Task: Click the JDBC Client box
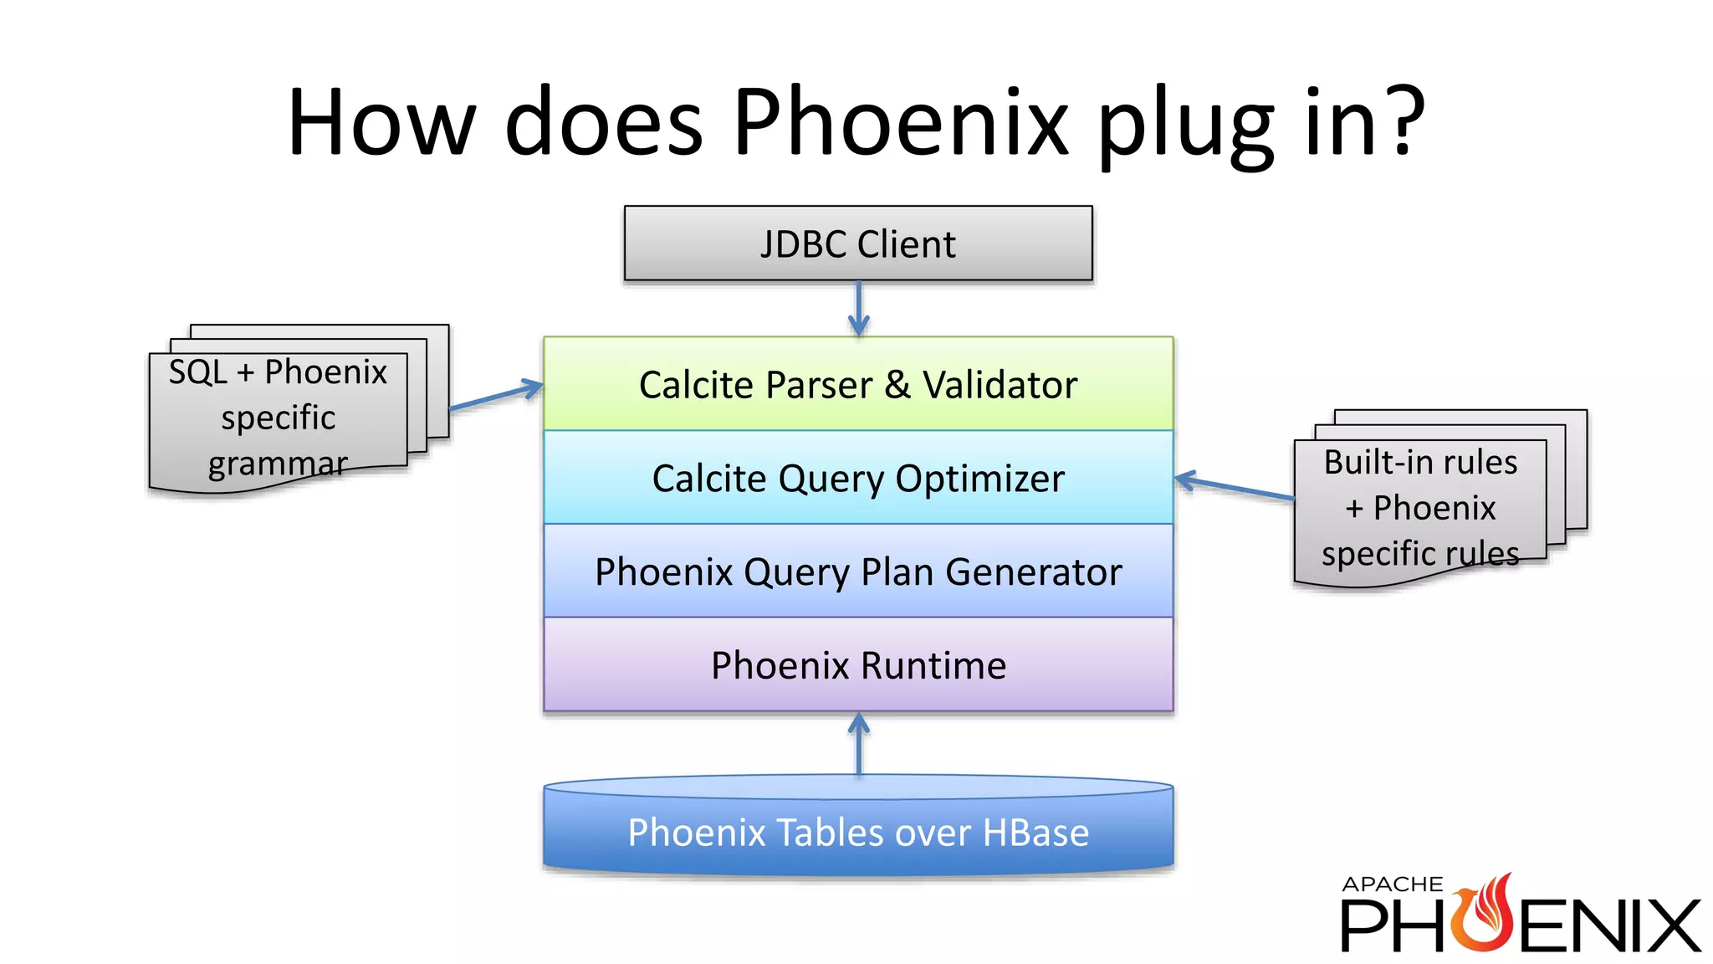coord(858,244)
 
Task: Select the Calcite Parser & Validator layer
coord(858,384)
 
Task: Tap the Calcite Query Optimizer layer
coord(858,478)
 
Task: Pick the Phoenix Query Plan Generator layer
coord(858,572)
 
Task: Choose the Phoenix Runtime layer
coord(858,665)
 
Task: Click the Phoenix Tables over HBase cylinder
coord(858,832)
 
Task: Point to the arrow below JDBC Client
coord(858,309)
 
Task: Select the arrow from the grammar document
coord(496,397)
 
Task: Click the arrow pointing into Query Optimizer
coord(1234,487)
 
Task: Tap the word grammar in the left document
coord(278,464)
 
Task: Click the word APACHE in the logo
coord(1392,885)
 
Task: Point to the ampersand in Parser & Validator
coord(897,385)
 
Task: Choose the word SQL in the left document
coord(198,372)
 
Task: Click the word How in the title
coord(381,121)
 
